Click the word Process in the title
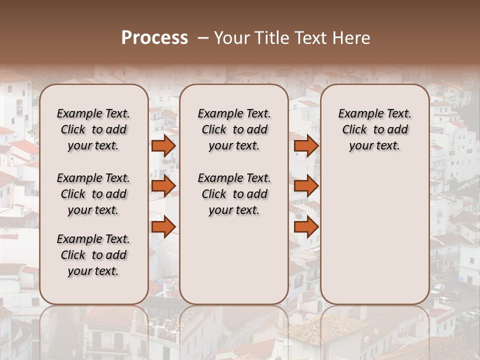pyautogui.click(x=154, y=38)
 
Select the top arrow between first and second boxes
pyautogui.click(x=163, y=145)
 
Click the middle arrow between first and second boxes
pyautogui.click(x=163, y=186)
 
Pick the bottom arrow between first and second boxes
pyautogui.click(x=163, y=226)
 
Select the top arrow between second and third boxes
pyautogui.click(x=306, y=145)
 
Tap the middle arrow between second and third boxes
pyautogui.click(x=306, y=186)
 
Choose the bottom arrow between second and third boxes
pyautogui.click(x=306, y=226)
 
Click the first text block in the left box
pyautogui.click(x=93, y=129)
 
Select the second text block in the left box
pyautogui.click(x=93, y=194)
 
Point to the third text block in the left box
pyautogui.click(x=93, y=255)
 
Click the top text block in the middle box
pyautogui.click(x=234, y=129)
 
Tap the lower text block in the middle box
pyautogui.click(x=234, y=194)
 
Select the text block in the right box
pyautogui.click(x=374, y=129)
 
